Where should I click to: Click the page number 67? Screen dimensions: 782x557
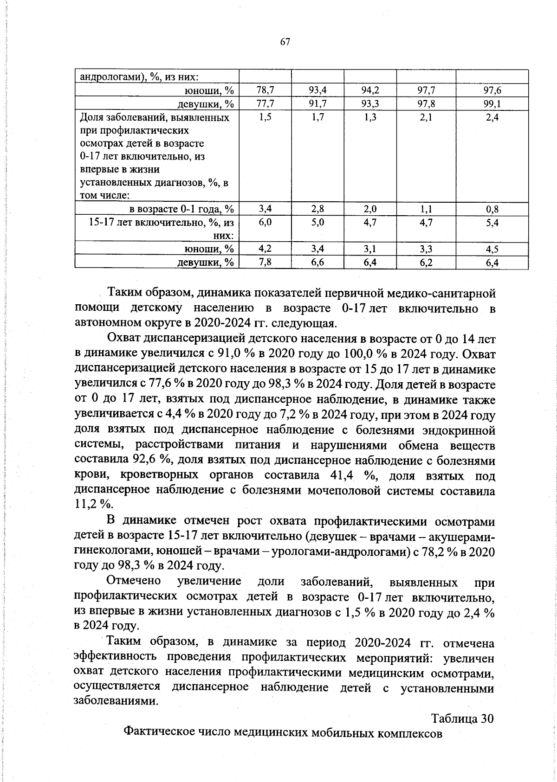pos(285,42)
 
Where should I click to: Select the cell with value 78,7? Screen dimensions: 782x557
pos(265,90)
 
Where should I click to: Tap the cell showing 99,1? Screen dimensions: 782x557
pos(492,103)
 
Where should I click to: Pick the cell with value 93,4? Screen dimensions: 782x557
pos(317,90)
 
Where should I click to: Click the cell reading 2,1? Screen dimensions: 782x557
pos(426,118)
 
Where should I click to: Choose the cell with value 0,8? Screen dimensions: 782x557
pos(492,209)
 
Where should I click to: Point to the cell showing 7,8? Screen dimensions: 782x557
pos(265,263)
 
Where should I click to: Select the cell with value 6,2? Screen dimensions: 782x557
pos(426,263)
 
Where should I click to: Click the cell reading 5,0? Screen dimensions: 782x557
pos(317,223)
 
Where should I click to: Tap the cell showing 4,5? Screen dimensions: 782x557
pos(492,250)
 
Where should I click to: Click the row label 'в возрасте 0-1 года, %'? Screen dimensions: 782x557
pos(181,209)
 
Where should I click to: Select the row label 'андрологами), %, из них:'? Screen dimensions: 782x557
pos(140,77)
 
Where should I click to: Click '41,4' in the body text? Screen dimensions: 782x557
pos(341,476)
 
